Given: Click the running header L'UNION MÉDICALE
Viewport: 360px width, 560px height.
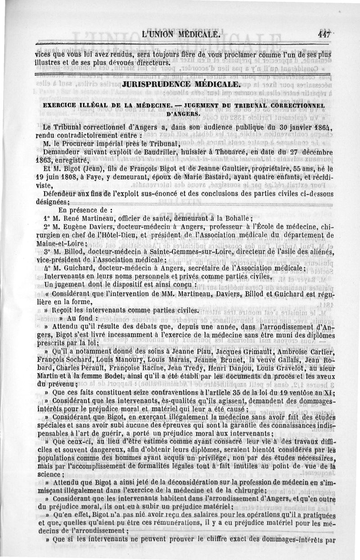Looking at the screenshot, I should tap(180, 34).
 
